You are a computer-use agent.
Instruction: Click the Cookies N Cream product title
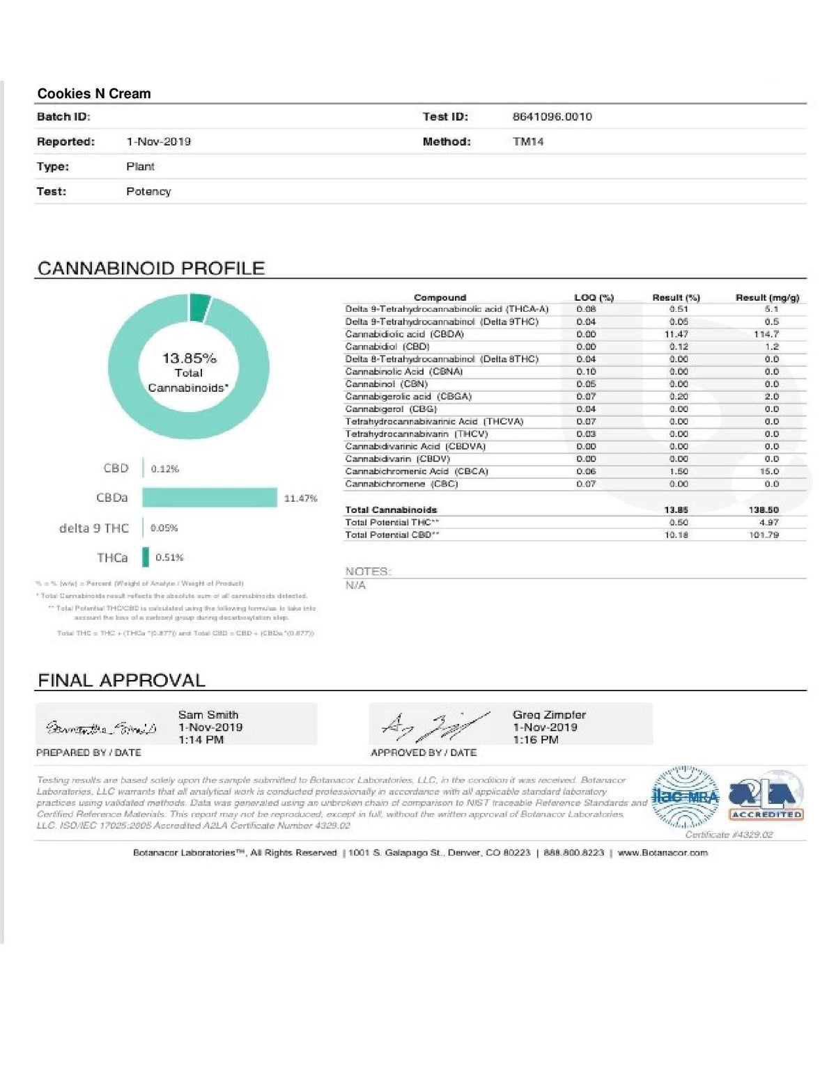tap(94, 93)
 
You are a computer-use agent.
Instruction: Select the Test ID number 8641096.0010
tap(552, 117)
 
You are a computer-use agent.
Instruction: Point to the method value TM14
tap(527, 142)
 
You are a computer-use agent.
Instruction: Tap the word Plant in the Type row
tap(140, 166)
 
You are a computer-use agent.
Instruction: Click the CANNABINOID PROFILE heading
tap(151, 269)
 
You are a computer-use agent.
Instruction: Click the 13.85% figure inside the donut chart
tap(189, 358)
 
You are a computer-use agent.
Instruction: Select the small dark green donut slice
tap(199, 306)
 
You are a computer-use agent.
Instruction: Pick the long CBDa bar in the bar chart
tap(209, 498)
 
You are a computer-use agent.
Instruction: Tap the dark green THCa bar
tap(146, 558)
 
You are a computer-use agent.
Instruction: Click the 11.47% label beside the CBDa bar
tap(300, 498)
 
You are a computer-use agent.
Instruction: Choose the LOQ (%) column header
tap(594, 298)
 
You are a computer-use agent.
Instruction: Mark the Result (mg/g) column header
tap(767, 298)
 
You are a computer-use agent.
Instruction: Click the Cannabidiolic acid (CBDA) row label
tap(404, 334)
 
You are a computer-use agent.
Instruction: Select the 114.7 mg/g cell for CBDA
tap(766, 334)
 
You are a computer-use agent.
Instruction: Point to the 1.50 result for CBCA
tap(678, 471)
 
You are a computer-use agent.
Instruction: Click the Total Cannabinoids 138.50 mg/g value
tap(764, 510)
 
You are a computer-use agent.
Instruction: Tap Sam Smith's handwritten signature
tap(101, 728)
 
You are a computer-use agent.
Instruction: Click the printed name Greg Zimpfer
tap(549, 715)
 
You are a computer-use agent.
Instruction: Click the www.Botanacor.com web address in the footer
tap(662, 853)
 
